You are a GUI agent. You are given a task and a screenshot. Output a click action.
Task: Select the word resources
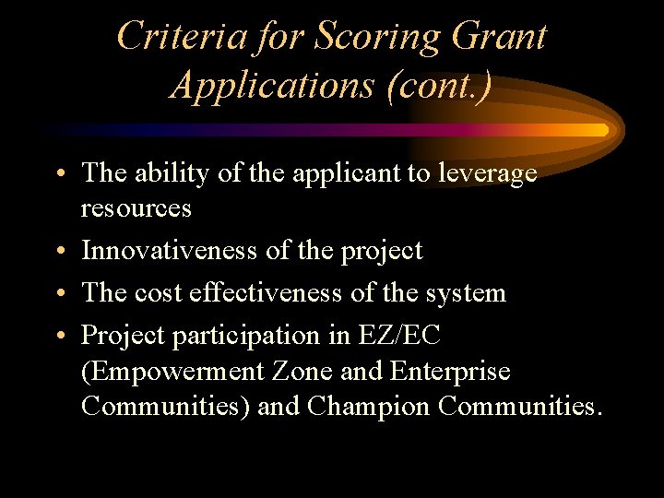(136, 207)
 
